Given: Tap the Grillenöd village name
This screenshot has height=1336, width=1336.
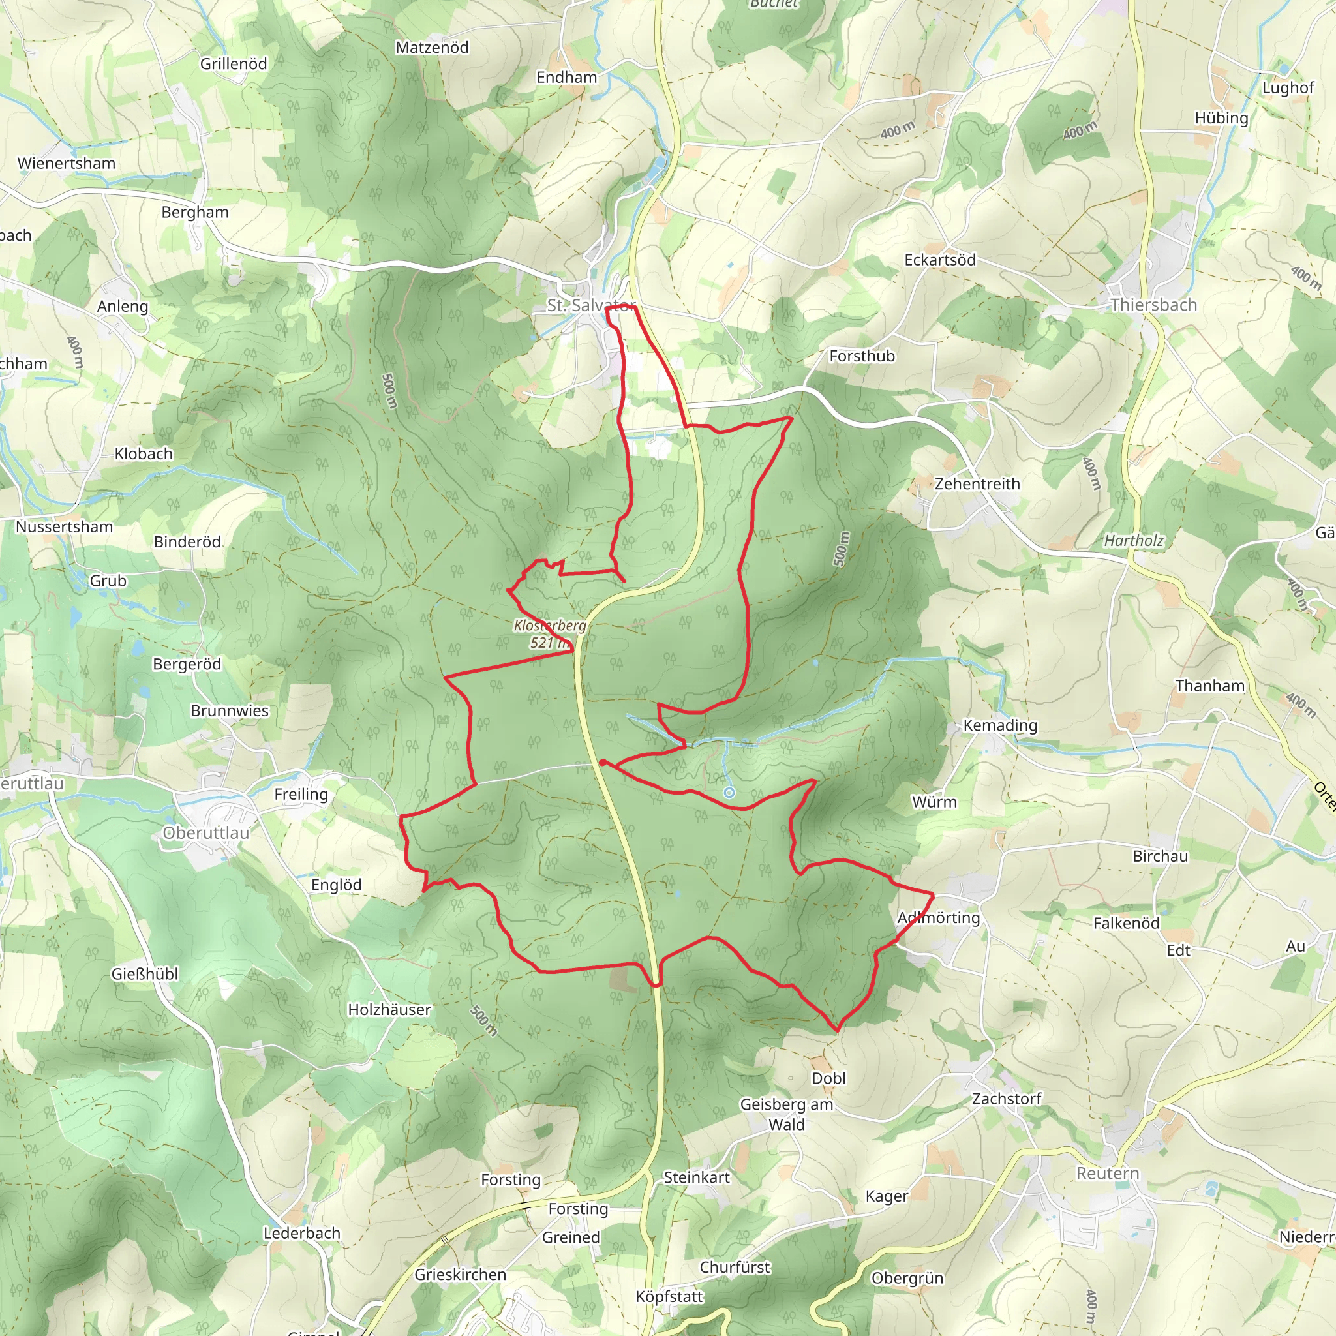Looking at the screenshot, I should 233,65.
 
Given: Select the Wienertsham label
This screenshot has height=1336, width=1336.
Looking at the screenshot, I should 67,164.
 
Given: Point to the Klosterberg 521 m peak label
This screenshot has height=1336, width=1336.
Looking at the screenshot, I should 550,633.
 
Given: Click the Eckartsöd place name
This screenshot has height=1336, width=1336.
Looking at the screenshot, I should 940,261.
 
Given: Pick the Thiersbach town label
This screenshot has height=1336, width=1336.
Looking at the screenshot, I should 1153,305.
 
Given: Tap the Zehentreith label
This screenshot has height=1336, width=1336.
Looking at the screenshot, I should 977,484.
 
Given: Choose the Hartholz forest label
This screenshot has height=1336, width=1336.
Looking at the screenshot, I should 1133,541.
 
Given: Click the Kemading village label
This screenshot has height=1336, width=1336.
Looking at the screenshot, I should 1000,725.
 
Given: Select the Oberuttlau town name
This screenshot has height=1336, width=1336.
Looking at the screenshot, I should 205,832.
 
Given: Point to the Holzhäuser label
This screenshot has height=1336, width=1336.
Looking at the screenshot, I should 389,1010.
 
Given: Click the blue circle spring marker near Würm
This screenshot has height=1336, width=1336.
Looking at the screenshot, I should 729,793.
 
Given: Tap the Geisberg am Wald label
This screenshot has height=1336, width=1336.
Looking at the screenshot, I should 786,1114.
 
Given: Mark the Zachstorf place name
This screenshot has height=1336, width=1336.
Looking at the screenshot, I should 1006,1099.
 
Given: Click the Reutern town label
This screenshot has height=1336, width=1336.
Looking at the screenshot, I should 1107,1174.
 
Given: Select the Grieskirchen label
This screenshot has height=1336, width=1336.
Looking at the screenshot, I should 460,1275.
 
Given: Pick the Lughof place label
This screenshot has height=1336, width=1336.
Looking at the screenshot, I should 1288,88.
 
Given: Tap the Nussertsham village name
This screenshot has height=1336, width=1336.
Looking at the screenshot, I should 65,527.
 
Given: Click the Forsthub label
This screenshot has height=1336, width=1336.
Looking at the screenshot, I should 862,356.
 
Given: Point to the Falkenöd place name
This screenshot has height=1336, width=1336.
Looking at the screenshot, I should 1126,923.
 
